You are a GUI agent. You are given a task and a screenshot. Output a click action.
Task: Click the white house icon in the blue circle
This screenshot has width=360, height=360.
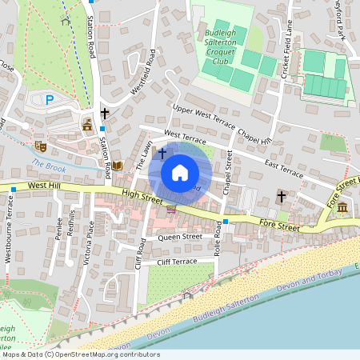pyautogui.click(x=180, y=172)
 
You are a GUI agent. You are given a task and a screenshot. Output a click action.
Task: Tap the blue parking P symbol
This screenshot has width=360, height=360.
pyautogui.click(x=50, y=100)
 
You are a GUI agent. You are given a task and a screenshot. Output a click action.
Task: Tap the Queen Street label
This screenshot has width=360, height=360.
pyautogui.click(x=180, y=237)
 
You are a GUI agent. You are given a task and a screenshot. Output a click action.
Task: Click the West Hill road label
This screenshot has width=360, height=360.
pyautogui.click(x=45, y=186)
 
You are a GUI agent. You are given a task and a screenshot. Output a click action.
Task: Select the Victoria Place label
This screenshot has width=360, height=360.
pyautogui.click(x=90, y=238)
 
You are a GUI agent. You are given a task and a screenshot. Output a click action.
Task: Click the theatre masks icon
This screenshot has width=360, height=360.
pyautogui.click(x=38, y=146)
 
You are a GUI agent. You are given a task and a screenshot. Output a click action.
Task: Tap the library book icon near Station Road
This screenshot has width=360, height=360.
pyautogui.click(x=118, y=166)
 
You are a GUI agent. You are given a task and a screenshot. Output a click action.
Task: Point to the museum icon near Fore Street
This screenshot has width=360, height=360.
pyautogui.click(x=342, y=208)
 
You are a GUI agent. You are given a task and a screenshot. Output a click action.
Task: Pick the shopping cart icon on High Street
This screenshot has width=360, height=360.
pyautogui.click(x=171, y=210)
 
